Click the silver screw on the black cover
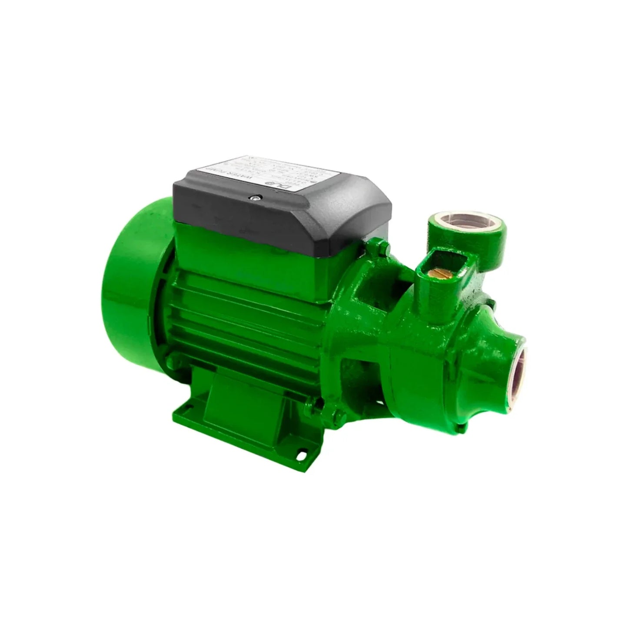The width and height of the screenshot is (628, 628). [257, 198]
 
